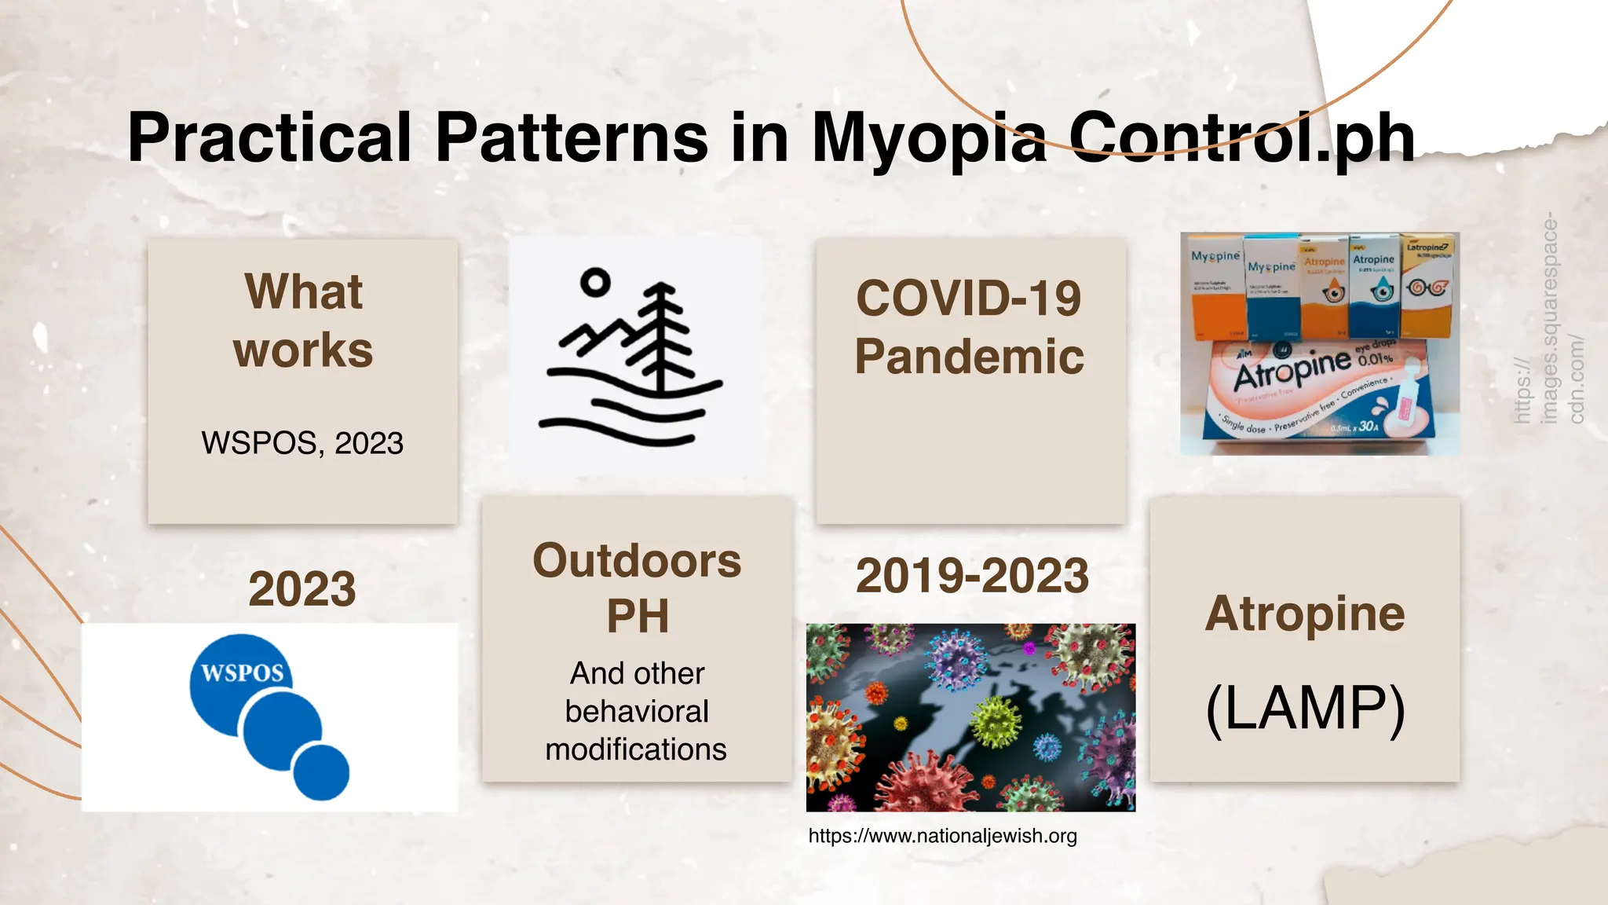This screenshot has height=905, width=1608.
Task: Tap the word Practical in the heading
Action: click(x=269, y=138)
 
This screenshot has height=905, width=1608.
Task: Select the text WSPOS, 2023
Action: click(x=302, y=443)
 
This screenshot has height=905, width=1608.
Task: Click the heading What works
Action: click(x=303, y=321)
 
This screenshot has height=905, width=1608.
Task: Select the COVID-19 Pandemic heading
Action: click(x=970, y=327)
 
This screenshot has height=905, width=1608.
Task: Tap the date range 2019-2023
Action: click(x=972, y=576)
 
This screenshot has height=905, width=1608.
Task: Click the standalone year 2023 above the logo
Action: click(x=302, y=589)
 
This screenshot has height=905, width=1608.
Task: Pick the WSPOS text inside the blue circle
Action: click(x=242, y=673)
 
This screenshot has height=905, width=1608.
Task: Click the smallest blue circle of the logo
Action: click(x=321, y=771)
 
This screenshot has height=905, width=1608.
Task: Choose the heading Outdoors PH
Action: click(x=637, y=588)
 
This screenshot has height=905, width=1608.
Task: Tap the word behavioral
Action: click(x=637, y=712)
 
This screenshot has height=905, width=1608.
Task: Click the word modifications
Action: click(x=636, y=749)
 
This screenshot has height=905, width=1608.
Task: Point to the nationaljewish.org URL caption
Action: click(x=942, y=836)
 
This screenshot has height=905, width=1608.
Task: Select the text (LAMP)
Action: click(x=1304, y=709)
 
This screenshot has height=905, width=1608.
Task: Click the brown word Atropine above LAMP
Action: click(x=1304, y=614)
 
